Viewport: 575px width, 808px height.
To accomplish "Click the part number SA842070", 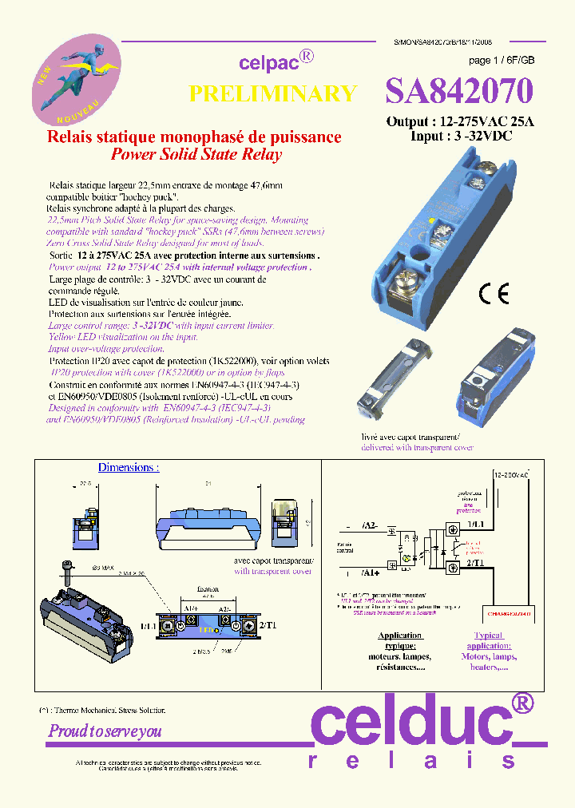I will click(x=458, y=92).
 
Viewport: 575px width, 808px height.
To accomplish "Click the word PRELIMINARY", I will click(x=272, y=93).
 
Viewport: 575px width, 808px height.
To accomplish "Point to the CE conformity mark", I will click(x=493, y=294).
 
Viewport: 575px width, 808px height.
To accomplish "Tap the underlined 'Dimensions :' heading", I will click(x=129, y=467).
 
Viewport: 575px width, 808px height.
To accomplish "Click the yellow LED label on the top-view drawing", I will click(x=208, y=628).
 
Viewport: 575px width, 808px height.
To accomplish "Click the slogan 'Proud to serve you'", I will click(x=105, y=731).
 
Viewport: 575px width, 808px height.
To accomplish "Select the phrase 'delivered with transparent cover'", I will click(x=406, y=448).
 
